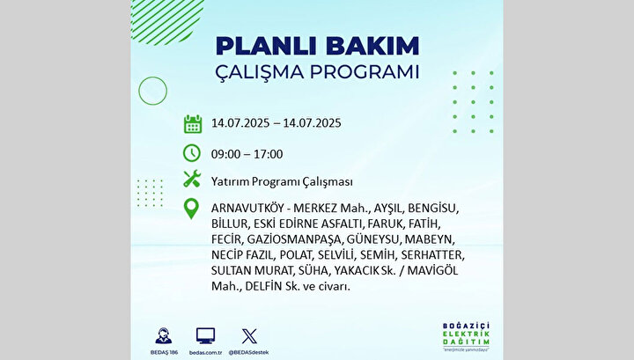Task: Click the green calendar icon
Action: pyautogui.click(x=193, y=124)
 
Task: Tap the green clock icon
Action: pyautogui.click(x=192, y=153)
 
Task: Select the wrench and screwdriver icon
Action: pyautogui.click(x=192, y=179)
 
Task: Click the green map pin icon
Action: pyautogui.click(x=191, y=209)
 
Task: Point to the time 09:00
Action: pyautogui.click(x=225, y=154)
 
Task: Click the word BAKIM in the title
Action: pyautogui.click(x=372, y=46)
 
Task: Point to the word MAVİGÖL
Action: pyautogui.click(x=432, y=270)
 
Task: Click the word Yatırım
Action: pyautogui.click(x=230, y=182)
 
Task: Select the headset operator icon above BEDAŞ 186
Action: pyautogui.click(x=164, y=335)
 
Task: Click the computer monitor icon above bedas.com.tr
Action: pyautogui.click(x=205, y=336)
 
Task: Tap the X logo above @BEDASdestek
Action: pyautogui.click(x=249, y=336)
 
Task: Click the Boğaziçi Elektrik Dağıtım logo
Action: pyautogui.click(x=466, y=336)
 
